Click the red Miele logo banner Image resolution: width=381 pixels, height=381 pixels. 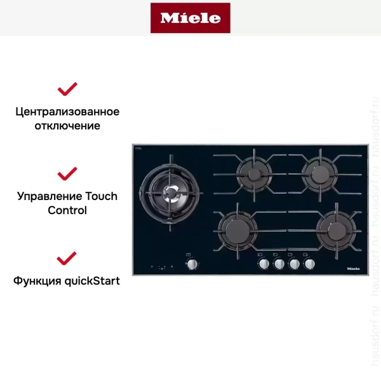pyautogui.click(x=190, y=18)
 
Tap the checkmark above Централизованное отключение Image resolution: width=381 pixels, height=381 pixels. pyautogui.click(x=67, y=88)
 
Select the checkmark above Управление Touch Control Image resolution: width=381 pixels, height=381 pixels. pyautogui.click(x=67, y=173)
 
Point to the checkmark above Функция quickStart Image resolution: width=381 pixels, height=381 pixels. pyautogui.click(x=67, y=258)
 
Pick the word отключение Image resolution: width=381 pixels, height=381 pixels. pyautogui.click(x=67, y=126)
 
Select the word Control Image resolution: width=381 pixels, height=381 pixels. pyautogui.click(x=67, y=210)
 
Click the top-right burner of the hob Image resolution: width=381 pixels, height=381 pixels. pyautogui.click(x=317, y=171)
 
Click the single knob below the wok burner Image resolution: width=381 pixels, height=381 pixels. pyautogui.click(x=192, y=265)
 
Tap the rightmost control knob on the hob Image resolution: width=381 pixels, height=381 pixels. pyautogui.click(x=310, y=264)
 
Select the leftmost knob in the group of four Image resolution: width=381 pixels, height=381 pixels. pyautogui.click(x=263, y=264)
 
